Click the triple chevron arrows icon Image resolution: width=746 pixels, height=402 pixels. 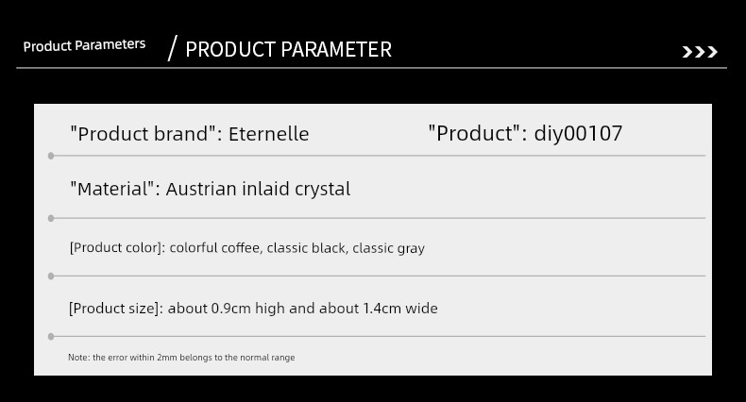pos(700,52)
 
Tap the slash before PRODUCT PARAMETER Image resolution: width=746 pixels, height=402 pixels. pos(172,48)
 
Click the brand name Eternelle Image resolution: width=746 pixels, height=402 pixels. pos(269,134)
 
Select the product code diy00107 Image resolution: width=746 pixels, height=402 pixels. pos(578,133)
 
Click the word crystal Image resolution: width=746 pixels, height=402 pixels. pos(323,190)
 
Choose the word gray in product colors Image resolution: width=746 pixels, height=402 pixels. pos(412,248)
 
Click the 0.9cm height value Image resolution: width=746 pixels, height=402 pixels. pos(230,309)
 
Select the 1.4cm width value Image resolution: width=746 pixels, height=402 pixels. pos(382,309)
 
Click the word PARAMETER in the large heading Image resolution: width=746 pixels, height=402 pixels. pos(336,49)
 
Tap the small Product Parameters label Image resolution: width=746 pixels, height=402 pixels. pos(84,45)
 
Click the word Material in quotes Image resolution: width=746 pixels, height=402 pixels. pos(113,189)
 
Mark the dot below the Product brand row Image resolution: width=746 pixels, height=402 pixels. pos(51,156)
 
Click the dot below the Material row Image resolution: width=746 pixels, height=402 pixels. pos(51,219)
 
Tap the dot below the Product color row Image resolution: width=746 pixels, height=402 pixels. pos(51,276)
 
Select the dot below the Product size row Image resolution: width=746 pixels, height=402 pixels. pos(51,337)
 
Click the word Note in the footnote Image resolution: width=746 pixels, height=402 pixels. pos(78,358)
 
